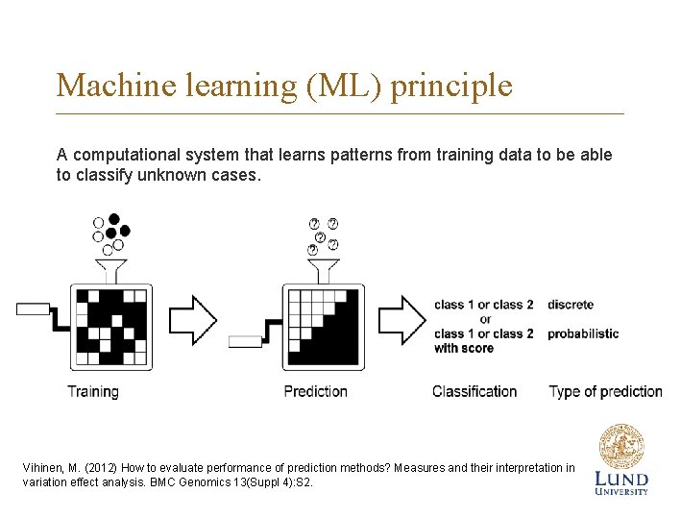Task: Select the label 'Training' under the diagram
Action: pos(93,391)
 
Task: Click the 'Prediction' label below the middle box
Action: pos(315,391)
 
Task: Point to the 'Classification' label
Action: pos(474,391)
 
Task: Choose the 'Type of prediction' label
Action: pos(605,391)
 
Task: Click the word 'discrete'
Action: pos(571,305)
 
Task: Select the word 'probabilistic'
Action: pos(583,333)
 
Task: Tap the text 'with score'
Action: pos(464,348)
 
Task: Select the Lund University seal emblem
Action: pos(620,447)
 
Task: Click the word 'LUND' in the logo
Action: pos(620,479)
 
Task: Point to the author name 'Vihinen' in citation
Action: pos(44,468)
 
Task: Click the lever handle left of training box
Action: pos(34,308)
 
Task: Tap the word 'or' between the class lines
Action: pos(485,319)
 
